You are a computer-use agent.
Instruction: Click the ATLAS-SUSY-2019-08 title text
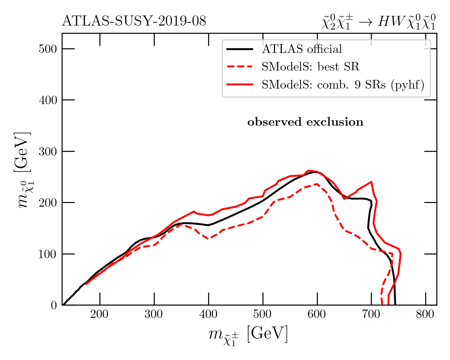pos(134,22)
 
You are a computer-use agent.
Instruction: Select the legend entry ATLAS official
pos(302,49)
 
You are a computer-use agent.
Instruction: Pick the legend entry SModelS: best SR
pos(311,67)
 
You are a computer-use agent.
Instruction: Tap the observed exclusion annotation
pos(305,122)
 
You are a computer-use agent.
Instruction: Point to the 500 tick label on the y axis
pos(48,49)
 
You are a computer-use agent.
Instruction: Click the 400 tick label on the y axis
pos(48,100)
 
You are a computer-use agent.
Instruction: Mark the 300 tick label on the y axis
pos(48,152)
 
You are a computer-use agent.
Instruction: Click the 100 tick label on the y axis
pos(48,254)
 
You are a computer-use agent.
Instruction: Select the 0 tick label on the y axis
pos(54,305)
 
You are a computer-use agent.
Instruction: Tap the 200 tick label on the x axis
pos(100,314)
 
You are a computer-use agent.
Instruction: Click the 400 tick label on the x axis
pos(208,314)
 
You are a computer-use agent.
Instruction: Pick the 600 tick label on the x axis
pos(317,314)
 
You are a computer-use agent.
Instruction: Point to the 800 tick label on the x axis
pos(426,314)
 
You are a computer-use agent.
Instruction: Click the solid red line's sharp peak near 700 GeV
pos(371,182)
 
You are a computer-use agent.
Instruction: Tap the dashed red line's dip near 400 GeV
pos(209,239)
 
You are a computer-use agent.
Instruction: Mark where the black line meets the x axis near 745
pos(395,305)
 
